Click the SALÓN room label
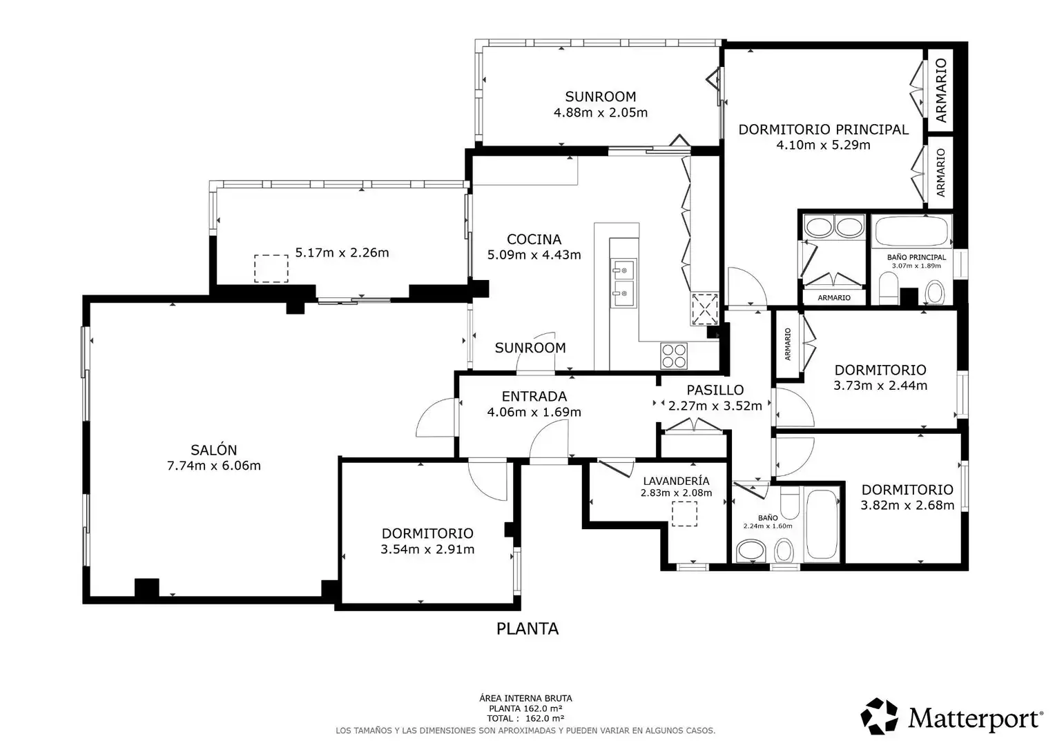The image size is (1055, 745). pos(213,450)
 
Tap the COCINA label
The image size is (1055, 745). pos(534,239)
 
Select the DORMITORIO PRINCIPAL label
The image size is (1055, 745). pos(823,130)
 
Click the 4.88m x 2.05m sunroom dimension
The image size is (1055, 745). pos(601,112)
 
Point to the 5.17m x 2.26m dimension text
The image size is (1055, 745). pos(342,252)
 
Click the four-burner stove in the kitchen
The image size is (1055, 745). pos(674,356)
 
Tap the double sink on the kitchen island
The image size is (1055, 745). pos(623,283)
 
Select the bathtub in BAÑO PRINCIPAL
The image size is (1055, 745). pos(911,231)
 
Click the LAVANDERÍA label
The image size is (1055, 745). pos(676,481)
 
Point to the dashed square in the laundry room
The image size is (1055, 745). pos(684,513)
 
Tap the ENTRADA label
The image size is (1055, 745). pos(534,396)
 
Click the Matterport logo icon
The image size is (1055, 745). pos(880,716)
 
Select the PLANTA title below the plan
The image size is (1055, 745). pos(527,628)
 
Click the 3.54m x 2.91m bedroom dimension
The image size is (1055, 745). pos(427,549)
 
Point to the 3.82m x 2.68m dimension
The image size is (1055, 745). pos(907,505)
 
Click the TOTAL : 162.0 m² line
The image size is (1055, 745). pos(525,718)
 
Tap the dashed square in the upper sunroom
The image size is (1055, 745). pos(271,269)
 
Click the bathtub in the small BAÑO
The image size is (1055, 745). pos(822,524)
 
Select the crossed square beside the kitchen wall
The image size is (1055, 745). pos(704,309)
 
